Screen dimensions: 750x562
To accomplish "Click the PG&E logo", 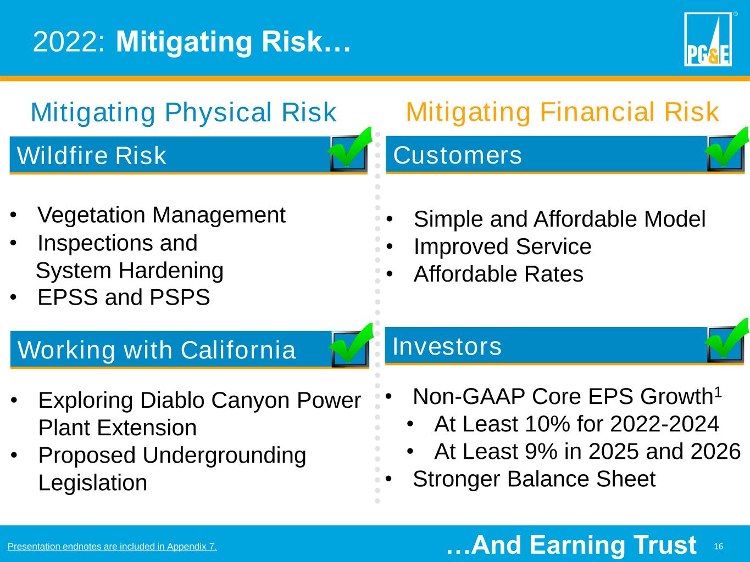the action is (708, 39).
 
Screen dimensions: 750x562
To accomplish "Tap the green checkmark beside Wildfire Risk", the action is (349, 148).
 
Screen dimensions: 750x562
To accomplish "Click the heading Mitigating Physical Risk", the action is (184, 113).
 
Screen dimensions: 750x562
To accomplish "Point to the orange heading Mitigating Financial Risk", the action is (562, 112).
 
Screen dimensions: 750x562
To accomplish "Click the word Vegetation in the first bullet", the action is (92, 215).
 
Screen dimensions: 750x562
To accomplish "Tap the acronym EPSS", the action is (68, 297).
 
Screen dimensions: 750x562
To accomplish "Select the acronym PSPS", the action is (180, 297).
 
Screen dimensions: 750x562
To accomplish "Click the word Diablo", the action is (172, 400).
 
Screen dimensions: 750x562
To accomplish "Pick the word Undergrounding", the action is (224, 456).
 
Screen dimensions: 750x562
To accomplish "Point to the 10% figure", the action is (547, 424).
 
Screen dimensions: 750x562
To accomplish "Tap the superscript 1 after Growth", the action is (718, 392).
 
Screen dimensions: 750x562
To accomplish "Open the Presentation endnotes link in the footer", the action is (112, 546).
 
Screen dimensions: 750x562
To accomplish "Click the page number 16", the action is (718, 546).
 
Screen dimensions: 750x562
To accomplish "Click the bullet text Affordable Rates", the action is (498, 274).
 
